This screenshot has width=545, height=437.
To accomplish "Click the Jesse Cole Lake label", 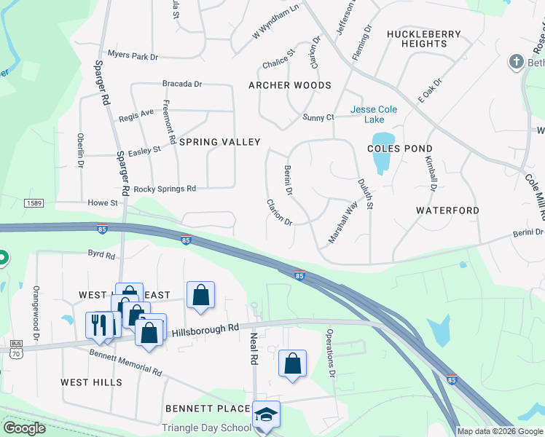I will (374, 115).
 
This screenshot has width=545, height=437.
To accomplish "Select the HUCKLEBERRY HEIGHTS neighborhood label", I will (424, 39).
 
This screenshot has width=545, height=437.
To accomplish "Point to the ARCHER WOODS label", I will (290, 85).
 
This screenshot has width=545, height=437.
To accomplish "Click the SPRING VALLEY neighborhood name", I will (219, 142).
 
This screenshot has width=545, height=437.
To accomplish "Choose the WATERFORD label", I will (447, 210).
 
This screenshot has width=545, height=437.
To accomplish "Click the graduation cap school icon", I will (266, 414).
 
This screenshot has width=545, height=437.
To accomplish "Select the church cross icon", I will (516, 61).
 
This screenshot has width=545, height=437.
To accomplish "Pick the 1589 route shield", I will (32, 202).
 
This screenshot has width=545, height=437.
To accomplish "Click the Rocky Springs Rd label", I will (165, 189).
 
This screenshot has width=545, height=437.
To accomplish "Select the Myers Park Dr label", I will (133, 55).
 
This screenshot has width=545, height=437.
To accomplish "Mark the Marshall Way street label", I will (343, 222).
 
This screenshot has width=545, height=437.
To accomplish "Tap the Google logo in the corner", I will (24, 428).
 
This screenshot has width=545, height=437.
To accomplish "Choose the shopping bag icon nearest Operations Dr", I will (292, 364).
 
